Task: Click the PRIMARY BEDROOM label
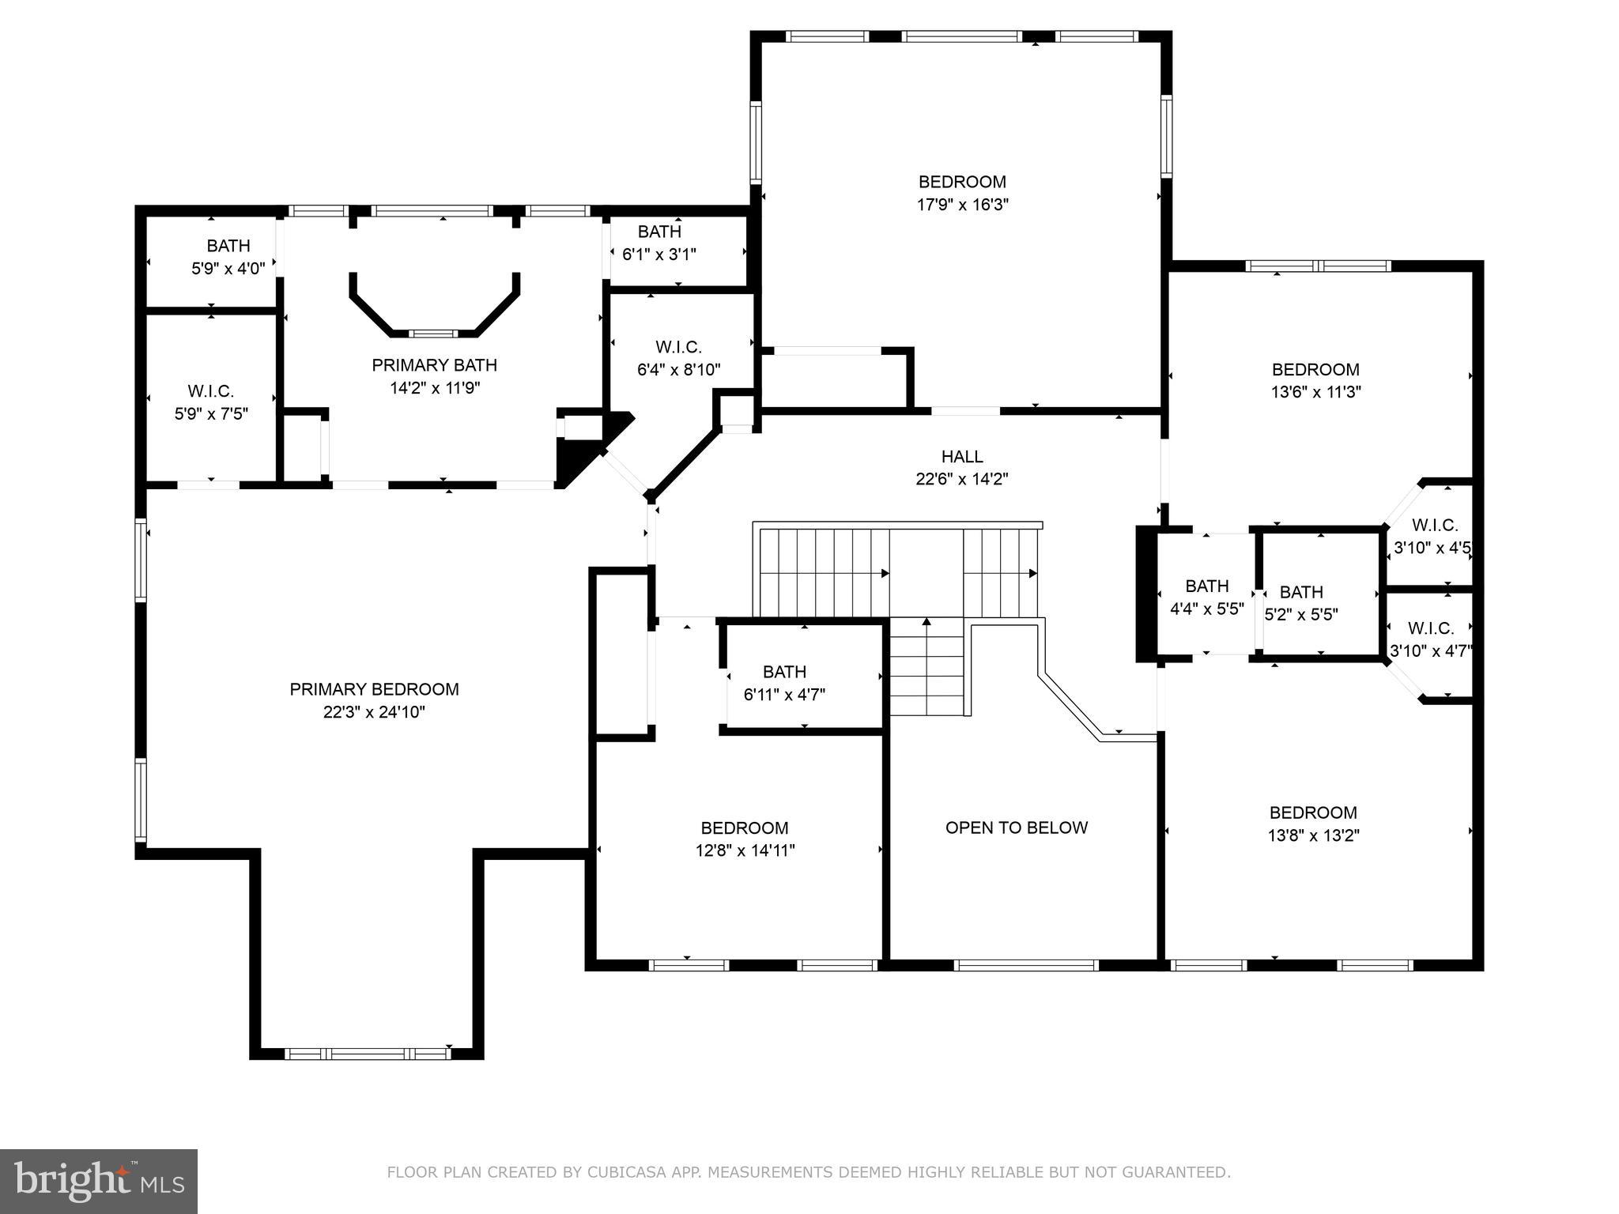click(x=374, y=689)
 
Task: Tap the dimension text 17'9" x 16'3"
click(x=962, y=205)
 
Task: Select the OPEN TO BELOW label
click(x=1017, y=828)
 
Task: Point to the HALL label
click(x=962, y=456)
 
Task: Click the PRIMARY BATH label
click(x=434, y=365)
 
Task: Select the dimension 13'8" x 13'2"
click(x=1313, y=835)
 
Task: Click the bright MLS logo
click(x=99, y=1181)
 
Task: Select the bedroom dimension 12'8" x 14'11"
click(x=744, y=850)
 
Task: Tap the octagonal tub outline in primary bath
click(x=434, y=308)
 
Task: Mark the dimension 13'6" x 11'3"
click(x=1315, y=392)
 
